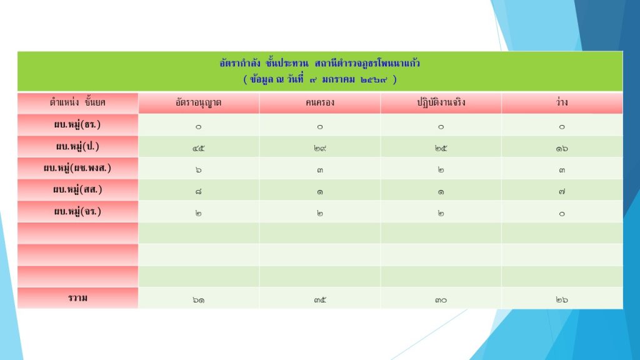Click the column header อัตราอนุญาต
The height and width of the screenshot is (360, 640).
(198, 102)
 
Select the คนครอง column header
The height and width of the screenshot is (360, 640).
(319, 102)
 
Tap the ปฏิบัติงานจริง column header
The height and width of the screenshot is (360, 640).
(441, 102)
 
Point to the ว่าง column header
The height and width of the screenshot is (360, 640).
(562, 102)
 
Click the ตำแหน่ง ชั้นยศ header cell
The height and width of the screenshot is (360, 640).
(77, 102)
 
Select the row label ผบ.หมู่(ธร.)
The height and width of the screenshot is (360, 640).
(77, 124)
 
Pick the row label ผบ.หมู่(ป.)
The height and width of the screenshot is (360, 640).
(77, 146)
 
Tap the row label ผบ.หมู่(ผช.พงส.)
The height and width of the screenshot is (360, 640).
(77, 167)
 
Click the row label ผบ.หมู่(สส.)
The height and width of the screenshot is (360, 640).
(77, 189)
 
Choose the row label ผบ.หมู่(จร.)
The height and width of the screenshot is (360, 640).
(77, 211)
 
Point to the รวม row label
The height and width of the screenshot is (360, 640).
(77, 298)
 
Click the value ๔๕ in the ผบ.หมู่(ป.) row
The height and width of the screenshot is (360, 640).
(198, 149)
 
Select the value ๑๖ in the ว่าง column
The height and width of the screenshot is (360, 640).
(562, 149)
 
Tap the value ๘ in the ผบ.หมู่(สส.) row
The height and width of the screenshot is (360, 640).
(198, 191)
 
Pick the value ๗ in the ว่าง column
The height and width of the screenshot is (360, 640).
(562, 191)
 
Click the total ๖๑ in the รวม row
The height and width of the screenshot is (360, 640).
(198, 300)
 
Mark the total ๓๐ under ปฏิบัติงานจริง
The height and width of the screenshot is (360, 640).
(441, 300)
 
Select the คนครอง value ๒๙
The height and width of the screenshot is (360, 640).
(319, 149)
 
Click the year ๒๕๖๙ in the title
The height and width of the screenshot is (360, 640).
(374, 79)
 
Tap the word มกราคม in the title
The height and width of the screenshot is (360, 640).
(338, 79)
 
